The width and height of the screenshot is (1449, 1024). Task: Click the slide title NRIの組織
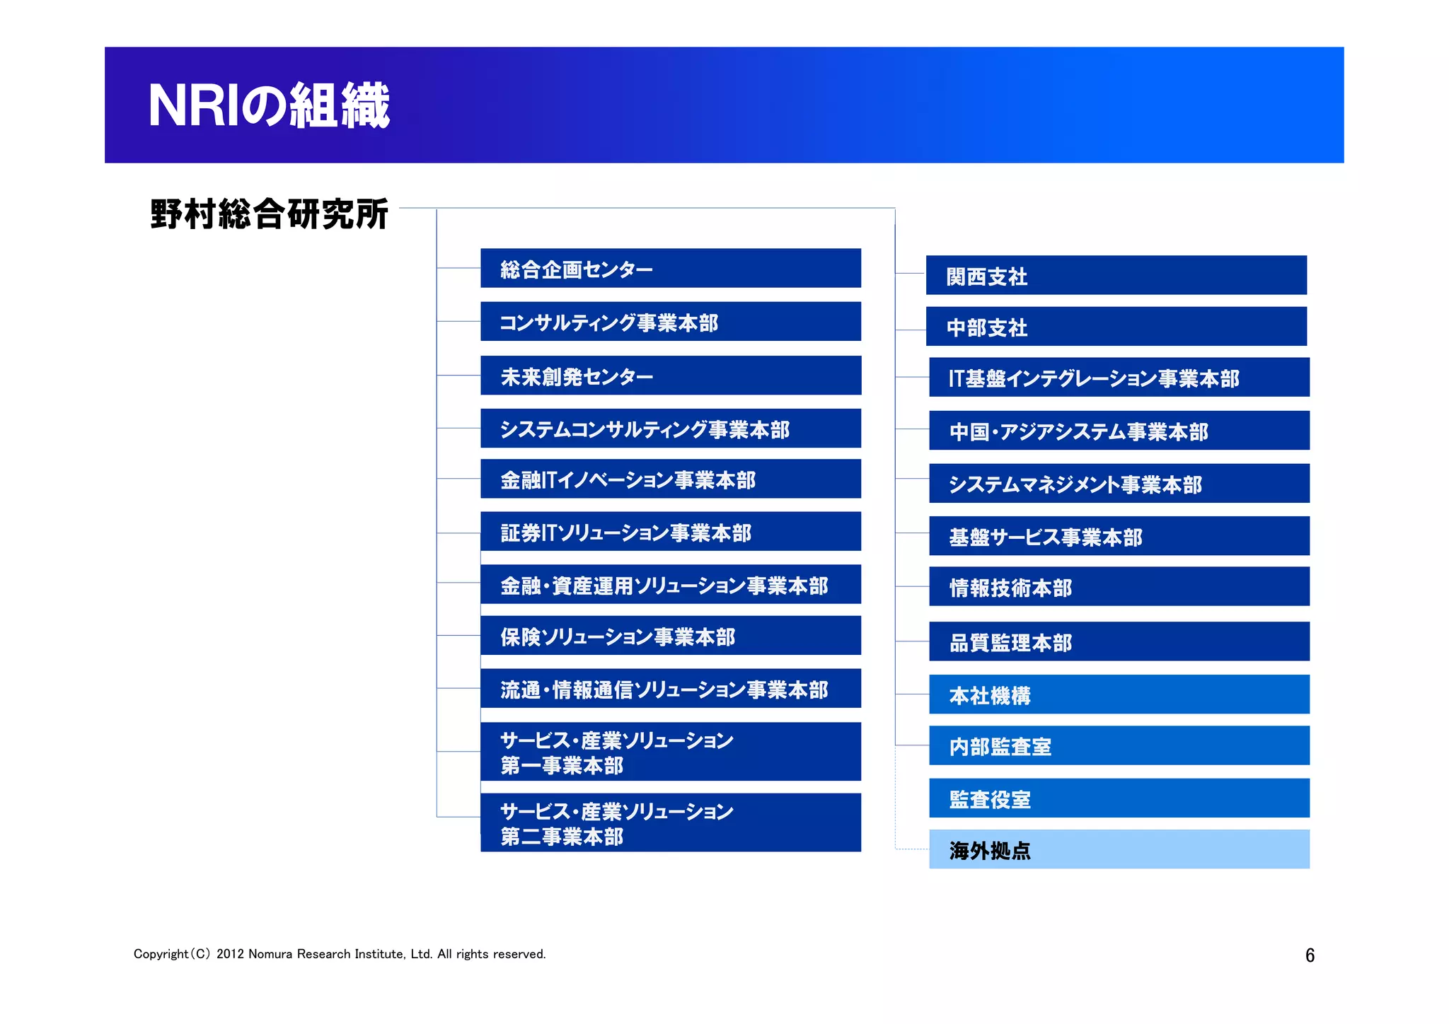click(x=269, y=105)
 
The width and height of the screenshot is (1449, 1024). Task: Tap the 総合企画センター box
click(x=670, y=268)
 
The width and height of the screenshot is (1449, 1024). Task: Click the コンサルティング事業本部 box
click(x=670, y=322)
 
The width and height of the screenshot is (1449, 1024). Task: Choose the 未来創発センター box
click(x=670, y=376)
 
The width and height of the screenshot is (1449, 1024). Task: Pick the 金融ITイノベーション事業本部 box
click(x=670, y=479)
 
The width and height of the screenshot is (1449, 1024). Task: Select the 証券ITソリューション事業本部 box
click(x=670, y=531)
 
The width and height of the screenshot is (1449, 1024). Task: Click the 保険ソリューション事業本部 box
click(x=670, y=636)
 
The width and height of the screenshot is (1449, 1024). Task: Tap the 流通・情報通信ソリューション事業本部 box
click(x=670, y=689)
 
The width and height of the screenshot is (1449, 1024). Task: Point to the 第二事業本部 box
click(x=670, y=822)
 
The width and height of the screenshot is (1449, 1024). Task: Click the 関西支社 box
click(x=1116, y=275)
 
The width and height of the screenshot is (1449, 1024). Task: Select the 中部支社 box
click(x=1116, y=327)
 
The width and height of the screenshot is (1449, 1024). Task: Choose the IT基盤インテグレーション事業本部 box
click(x=1119, y=377)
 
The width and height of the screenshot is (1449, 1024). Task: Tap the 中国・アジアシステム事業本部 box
click(x=1119, y=431)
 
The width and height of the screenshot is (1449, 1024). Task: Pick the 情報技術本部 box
click(x=1119, y=586)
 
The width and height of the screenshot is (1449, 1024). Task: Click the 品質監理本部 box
click(x=1119, y=641)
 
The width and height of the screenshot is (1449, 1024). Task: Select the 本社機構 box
click(x=1119, y=694)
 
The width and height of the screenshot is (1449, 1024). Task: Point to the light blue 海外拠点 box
click(x=1119, y=849)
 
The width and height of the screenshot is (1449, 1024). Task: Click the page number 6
click(x=1310, y=955)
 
